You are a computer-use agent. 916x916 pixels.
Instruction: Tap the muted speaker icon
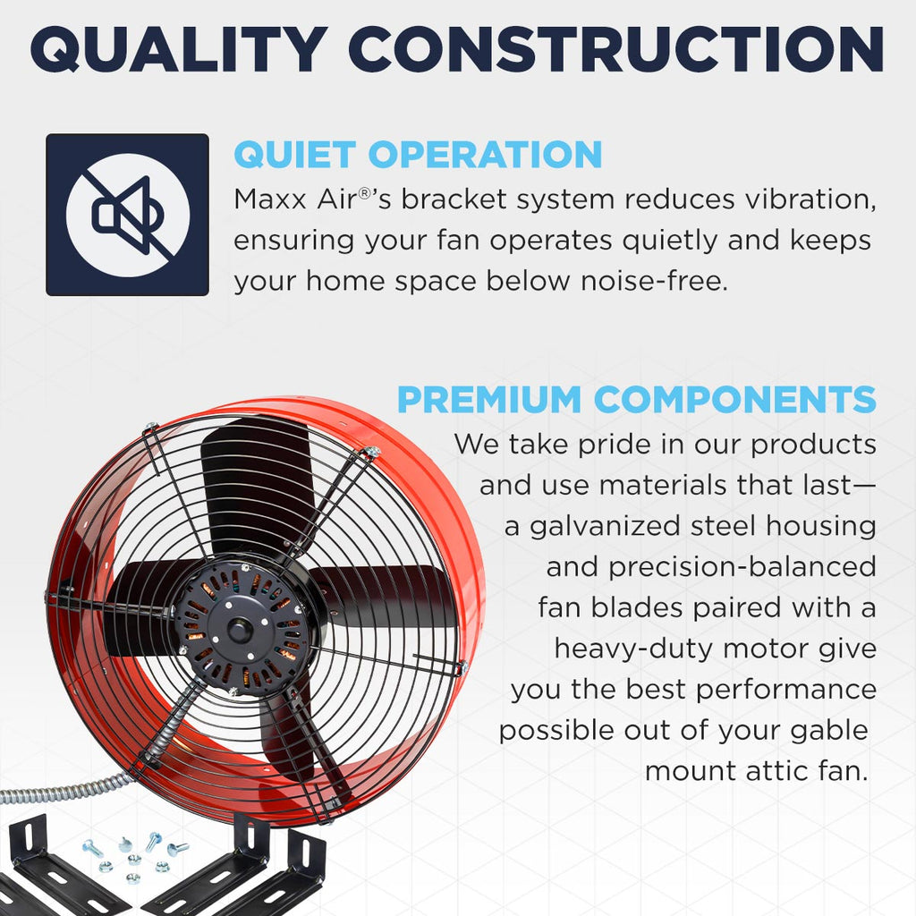click(127, 215)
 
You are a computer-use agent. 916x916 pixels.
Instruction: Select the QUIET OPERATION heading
click(418, 154)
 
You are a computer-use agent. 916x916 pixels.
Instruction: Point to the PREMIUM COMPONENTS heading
click(636, 399)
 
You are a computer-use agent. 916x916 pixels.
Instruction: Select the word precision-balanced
click(711, 566)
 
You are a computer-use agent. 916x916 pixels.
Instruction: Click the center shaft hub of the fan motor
click(239, 630)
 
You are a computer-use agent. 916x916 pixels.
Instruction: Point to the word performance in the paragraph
click(784, 690)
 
